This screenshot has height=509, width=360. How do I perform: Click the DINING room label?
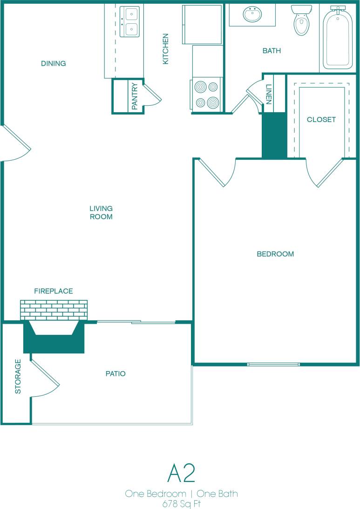coord(53,63)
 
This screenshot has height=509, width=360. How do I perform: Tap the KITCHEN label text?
coord(165,49)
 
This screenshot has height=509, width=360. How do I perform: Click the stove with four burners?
coord(207,95)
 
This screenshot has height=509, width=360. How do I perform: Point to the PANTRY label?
coord(135,96)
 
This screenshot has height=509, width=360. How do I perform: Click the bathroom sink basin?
coord(253,14)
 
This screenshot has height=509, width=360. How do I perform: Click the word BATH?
coord(272,51)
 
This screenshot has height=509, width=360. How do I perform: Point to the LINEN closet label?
coord(268,94)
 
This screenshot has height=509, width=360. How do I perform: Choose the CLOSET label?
coord(321,119)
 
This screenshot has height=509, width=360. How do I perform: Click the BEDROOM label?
coord(275,254)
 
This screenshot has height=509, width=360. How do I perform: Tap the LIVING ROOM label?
coord(101,212)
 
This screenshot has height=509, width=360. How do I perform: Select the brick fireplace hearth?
coord(54,310)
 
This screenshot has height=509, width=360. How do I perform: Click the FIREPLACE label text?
coord(54,291)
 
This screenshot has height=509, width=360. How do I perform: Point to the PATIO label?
coord(115,373)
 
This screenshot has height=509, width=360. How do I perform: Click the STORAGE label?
coord(18,376)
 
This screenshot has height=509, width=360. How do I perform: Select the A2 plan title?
coord(181,474)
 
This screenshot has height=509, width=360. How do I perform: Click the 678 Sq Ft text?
coord(181,503)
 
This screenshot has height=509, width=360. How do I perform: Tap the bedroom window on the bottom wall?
coord(273,364)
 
